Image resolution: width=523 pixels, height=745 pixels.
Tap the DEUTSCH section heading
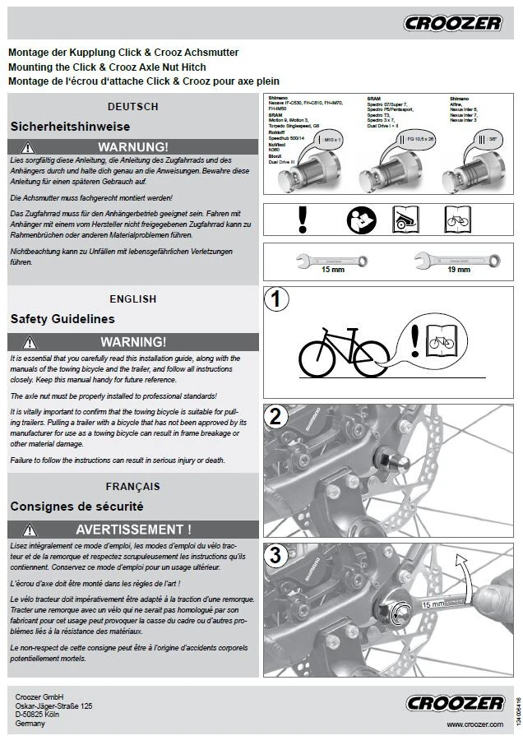click(x=132, y=107)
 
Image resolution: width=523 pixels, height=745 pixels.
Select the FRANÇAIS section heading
click(x=132, y=487)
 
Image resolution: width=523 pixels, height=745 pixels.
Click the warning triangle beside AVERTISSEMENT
click(x=30, y=529)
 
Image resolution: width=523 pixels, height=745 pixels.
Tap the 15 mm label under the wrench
click(x=332, y=270)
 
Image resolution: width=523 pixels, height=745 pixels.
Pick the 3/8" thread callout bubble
click(x=493, y=141)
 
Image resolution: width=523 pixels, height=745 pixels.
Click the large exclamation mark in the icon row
click(x=303, y=219)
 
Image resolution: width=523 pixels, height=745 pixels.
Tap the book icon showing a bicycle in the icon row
click(x=457, y=220)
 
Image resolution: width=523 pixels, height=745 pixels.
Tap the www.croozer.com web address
click(x=474, y=724)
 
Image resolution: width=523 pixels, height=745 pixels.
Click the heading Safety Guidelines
click(x=62, y=319)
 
